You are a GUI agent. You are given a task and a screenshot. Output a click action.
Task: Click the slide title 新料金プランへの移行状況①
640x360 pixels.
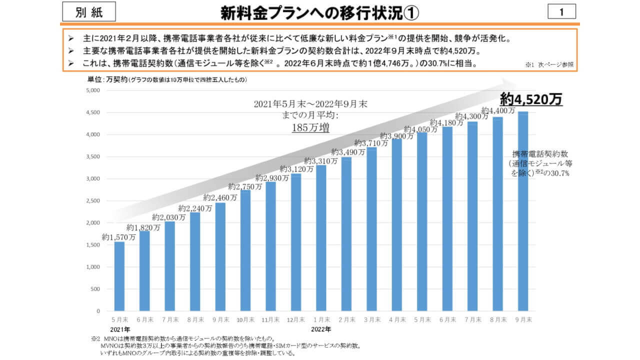(x=320, y=12)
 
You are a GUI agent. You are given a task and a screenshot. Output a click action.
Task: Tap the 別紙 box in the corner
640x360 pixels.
(x=89, y=12)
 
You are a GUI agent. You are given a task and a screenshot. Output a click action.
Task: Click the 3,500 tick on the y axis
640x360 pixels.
(x=93, y=156)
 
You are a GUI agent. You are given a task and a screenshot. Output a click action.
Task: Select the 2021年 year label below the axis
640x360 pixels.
(x=120, y=329)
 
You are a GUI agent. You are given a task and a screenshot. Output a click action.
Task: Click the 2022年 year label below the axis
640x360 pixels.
(x=321, y=329)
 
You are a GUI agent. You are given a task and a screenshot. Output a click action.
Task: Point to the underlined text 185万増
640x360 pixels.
(x=310, y=127)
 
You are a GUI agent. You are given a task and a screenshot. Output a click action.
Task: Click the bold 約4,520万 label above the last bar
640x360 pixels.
(x=531, y=99)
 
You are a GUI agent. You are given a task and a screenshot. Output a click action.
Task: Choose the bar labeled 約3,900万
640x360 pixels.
(x=397, y=224)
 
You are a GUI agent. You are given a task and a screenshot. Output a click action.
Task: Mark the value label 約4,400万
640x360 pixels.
(x=498, y=110)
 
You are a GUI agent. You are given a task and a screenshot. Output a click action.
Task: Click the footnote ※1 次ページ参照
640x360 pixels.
(x=549, y=65)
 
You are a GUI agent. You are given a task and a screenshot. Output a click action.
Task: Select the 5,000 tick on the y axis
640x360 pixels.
(x=93, y=90)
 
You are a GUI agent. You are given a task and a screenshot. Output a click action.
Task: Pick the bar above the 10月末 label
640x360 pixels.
(x=245, y=250)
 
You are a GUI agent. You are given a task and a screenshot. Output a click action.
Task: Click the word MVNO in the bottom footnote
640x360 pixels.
(x=108, y=345)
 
